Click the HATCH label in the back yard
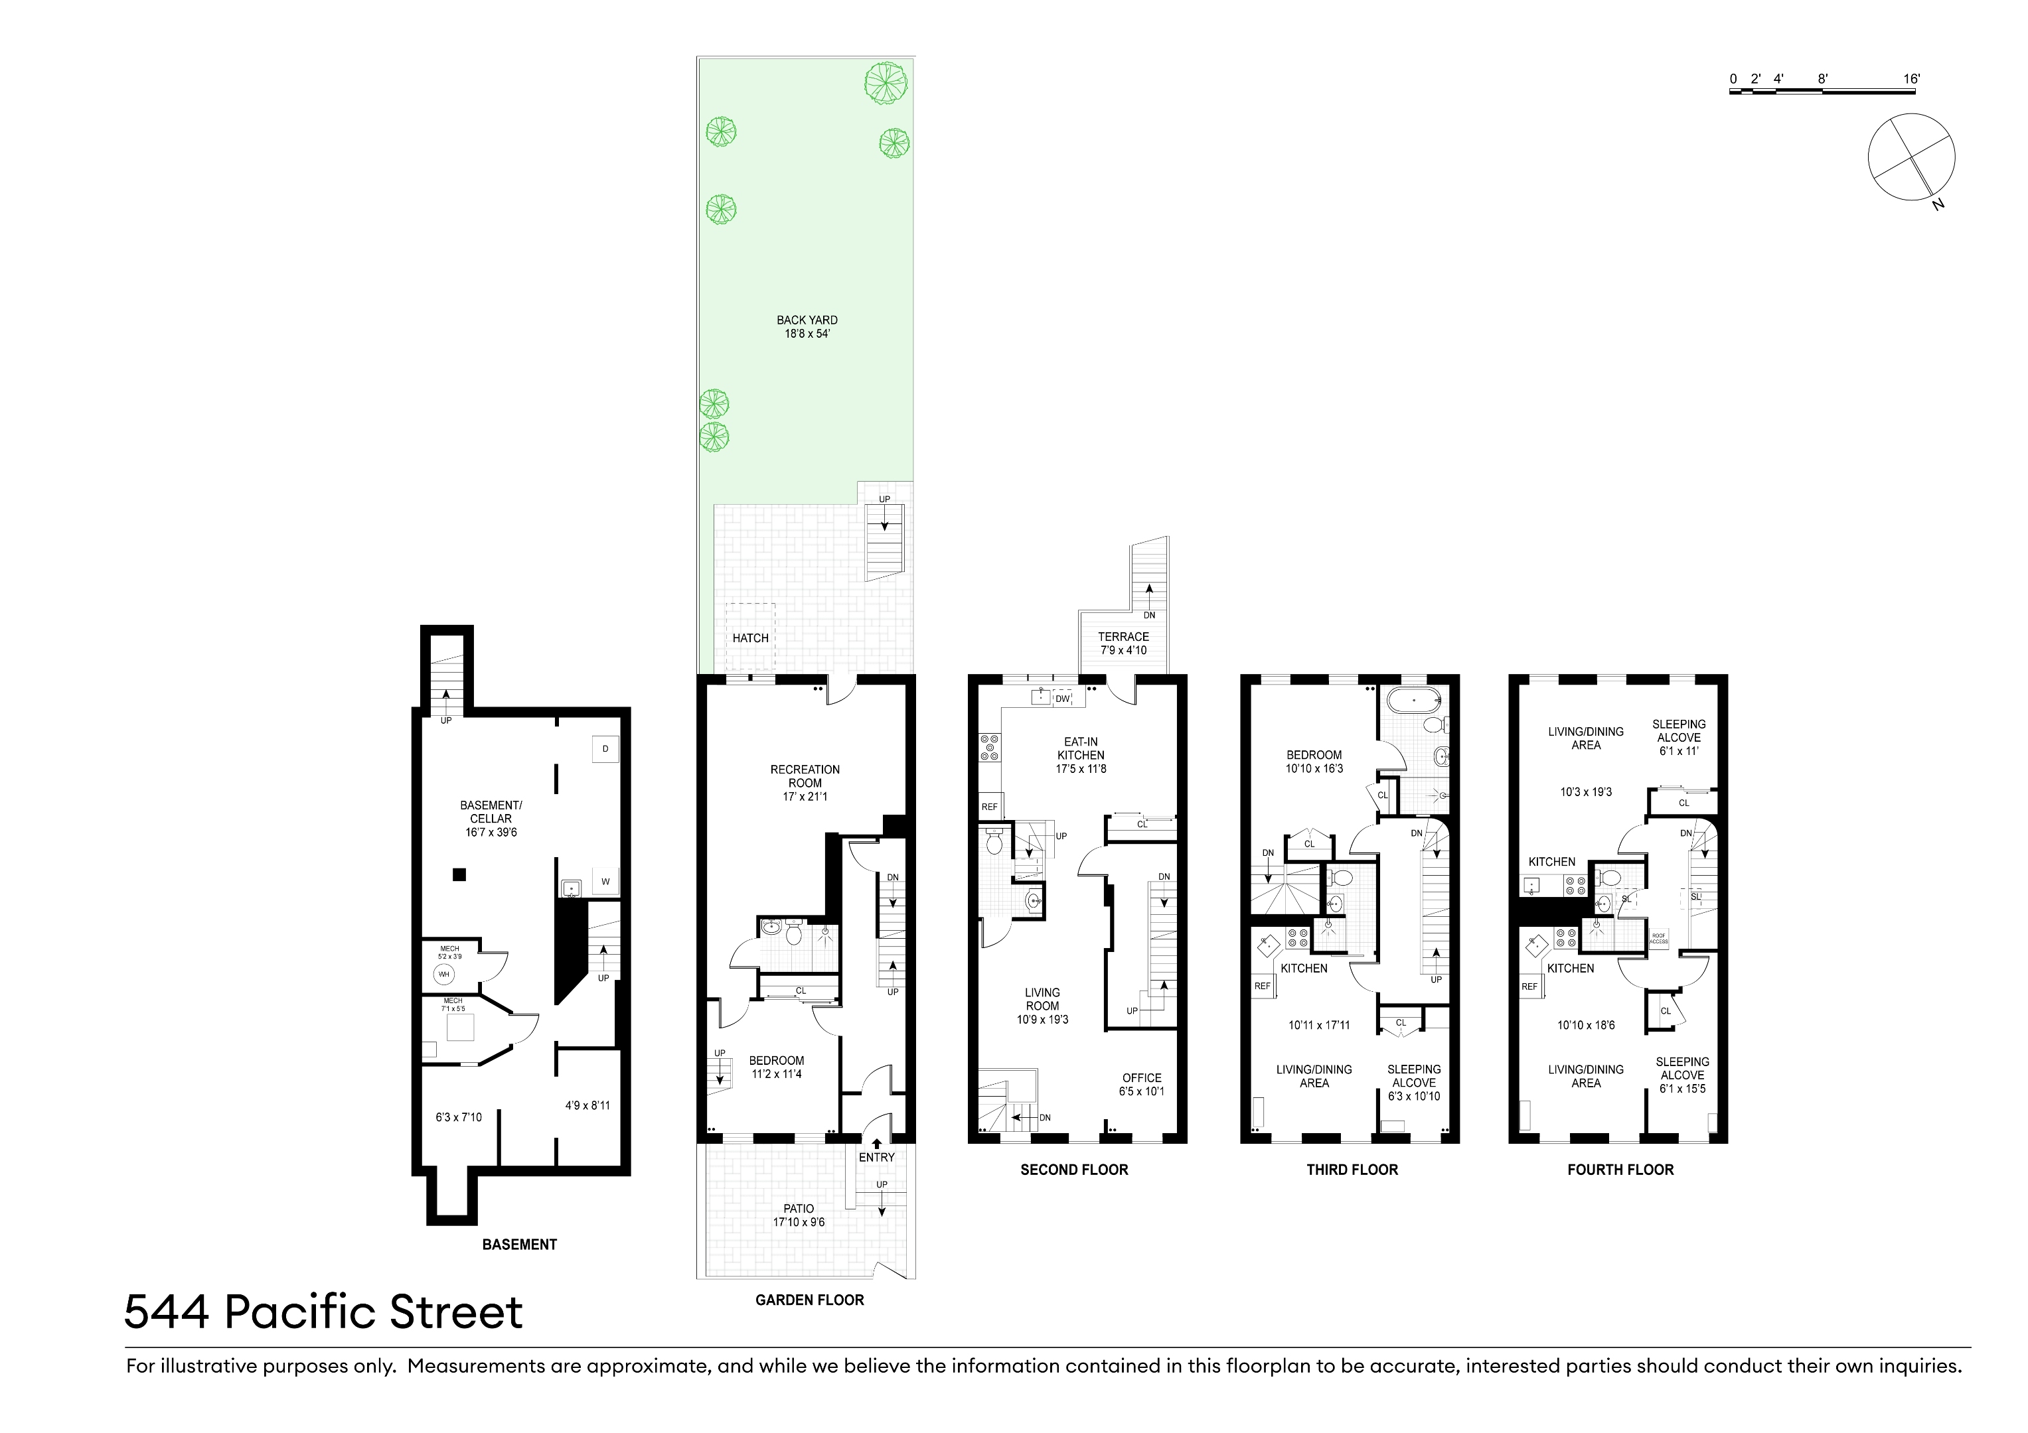coord(750,638)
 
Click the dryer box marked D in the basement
coord(605,749)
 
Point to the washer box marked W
coord(605,881)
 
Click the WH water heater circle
coord(444,974)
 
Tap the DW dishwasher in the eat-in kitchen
coord(1063,699)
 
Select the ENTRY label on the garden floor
coord(876,1156)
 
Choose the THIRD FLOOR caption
coord(1352,1170)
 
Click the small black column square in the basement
coord(459,875)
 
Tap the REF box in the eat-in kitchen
coord(989,807)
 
